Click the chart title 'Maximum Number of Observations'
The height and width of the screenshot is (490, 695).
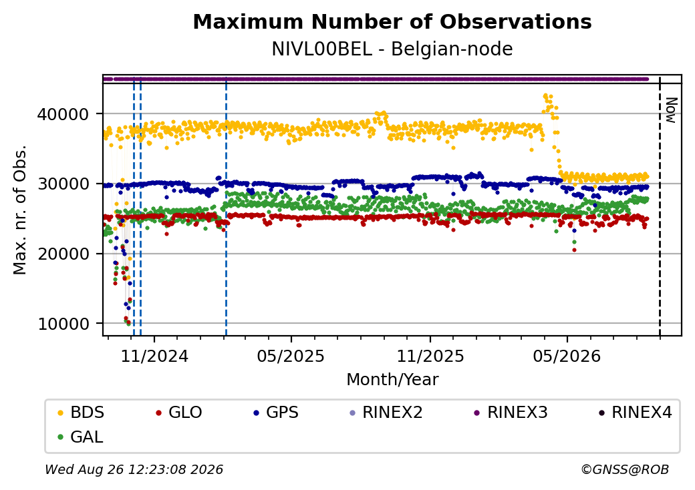(392, 21)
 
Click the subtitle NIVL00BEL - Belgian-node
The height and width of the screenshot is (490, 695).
(392, 49)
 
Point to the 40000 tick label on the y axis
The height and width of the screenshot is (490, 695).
(63, 115)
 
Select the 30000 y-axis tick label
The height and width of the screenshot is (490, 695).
(63, 184)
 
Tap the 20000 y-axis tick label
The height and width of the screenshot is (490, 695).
(63, 254)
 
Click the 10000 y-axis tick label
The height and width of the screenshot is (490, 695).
(63, 324)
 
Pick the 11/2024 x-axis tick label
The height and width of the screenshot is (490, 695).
(154, 356)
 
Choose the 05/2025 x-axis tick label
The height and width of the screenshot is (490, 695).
(291, 356)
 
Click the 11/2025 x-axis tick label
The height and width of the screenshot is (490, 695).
(430, 356)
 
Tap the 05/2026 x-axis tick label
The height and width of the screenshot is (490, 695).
(567, 356)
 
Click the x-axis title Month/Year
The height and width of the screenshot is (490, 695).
(392, 380)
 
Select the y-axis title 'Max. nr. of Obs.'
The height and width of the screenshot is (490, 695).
(20, 210)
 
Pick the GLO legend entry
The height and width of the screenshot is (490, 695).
(179, 413)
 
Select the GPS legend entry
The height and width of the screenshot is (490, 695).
(276, 413)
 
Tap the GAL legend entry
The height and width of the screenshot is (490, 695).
(81, 437)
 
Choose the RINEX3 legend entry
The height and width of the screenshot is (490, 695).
(511, 413)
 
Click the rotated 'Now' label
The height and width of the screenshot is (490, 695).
(672, 110)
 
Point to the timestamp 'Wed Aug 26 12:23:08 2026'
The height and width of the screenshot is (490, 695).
(134, 469)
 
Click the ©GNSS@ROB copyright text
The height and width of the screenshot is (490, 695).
(625, 469)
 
